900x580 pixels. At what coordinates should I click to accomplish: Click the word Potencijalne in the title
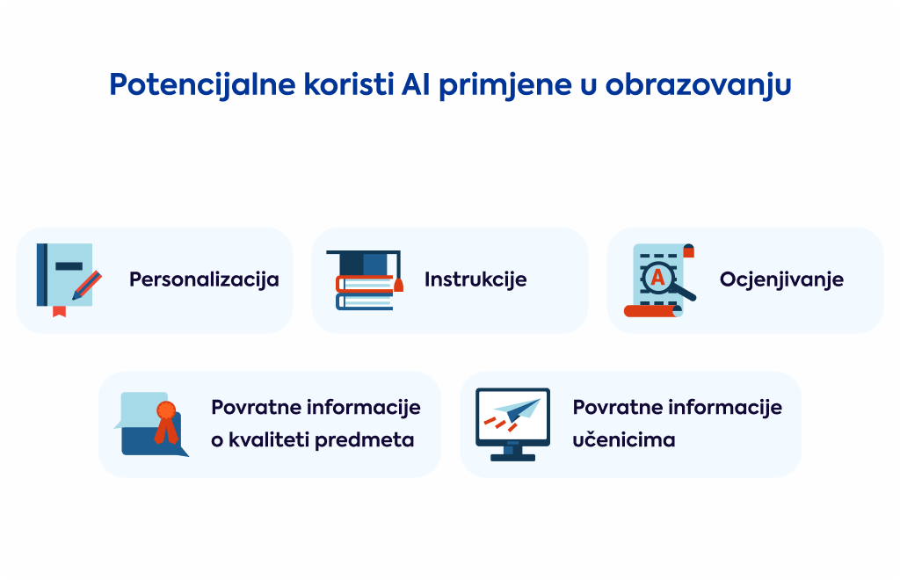[x=202, y=85]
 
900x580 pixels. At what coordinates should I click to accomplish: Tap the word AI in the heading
[x=416, y=84]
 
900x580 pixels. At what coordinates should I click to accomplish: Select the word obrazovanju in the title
[x=698, y=85]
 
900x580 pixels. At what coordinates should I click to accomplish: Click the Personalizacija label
[x=204, y=279]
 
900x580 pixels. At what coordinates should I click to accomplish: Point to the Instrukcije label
[x=475, y=279]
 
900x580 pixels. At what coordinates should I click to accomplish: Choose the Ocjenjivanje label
[x=781, y=279]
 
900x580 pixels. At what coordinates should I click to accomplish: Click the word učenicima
[x=623, y=440]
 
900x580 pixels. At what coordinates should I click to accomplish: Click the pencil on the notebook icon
[x=87, y=285]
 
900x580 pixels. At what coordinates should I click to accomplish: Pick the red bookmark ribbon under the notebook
[x=59, y=311]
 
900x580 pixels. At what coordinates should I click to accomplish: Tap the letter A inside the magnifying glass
[x=657, y=278]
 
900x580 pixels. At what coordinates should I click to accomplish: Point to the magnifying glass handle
[x=685, y=294]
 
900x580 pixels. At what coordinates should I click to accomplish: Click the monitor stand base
[x=512, y=457]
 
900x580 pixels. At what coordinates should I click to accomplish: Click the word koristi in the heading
[x=348, y=84]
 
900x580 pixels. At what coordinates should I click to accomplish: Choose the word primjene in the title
[x=505, y=85]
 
